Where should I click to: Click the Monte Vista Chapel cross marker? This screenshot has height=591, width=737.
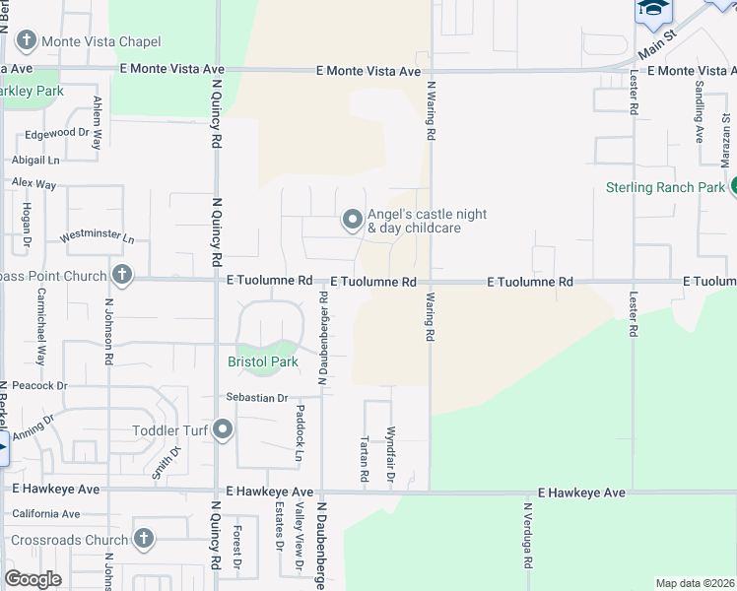point(25,41)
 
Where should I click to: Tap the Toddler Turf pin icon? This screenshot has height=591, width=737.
point(225,428)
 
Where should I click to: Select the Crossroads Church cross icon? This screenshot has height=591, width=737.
point(144,539)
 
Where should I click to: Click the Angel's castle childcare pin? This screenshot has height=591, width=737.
point(352,221)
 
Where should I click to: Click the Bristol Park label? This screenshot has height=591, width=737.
point(263,361)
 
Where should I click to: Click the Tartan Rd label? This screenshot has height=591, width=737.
point(364,451)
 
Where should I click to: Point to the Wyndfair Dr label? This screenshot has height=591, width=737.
point(391,453)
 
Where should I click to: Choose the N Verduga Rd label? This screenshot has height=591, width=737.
point(528,536)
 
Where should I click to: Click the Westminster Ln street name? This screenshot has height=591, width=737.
point(97,237)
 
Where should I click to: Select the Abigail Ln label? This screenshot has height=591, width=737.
point(35,159)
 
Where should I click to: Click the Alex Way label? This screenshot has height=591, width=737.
point(33,183)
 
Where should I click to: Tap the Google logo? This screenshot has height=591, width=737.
point(33,578)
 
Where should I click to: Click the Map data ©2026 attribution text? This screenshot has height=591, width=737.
point(694,583)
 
